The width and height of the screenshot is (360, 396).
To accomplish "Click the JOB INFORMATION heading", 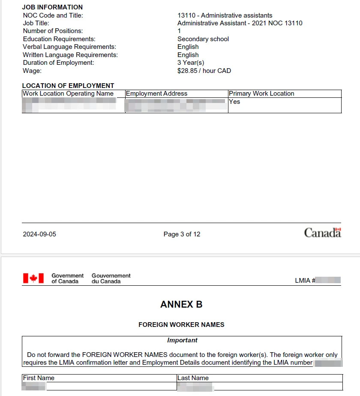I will point(52,7).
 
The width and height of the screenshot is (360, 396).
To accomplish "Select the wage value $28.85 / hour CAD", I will point(204,71).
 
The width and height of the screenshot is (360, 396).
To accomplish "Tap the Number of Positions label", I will point(53,31).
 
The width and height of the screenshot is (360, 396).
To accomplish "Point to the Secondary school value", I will point(203,39).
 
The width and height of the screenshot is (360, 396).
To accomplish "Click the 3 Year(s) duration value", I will point(191,63).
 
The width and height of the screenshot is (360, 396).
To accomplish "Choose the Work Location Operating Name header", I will point(68,94).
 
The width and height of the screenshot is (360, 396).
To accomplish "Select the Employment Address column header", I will point(156,94).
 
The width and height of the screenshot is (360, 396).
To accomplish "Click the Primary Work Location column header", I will point(261,94).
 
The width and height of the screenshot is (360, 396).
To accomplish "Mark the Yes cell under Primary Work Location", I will point(234,102).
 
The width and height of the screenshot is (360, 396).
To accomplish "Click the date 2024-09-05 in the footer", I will point(39,234).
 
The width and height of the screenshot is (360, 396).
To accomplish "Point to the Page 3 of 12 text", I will point(182,234).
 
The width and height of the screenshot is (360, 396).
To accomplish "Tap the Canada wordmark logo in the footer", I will point(322,233).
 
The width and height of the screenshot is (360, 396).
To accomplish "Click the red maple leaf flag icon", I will point(33,278).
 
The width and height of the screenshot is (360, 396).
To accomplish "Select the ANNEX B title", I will point(181,305).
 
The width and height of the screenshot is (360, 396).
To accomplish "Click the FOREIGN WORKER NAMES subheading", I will point(181,325).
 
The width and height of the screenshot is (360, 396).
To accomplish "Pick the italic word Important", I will point(182,340).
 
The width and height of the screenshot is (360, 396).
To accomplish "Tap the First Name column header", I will point(39,378).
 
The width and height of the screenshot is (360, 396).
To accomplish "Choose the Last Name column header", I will point(193,378).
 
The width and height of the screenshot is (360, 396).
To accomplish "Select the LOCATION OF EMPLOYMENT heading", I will point(68,86).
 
